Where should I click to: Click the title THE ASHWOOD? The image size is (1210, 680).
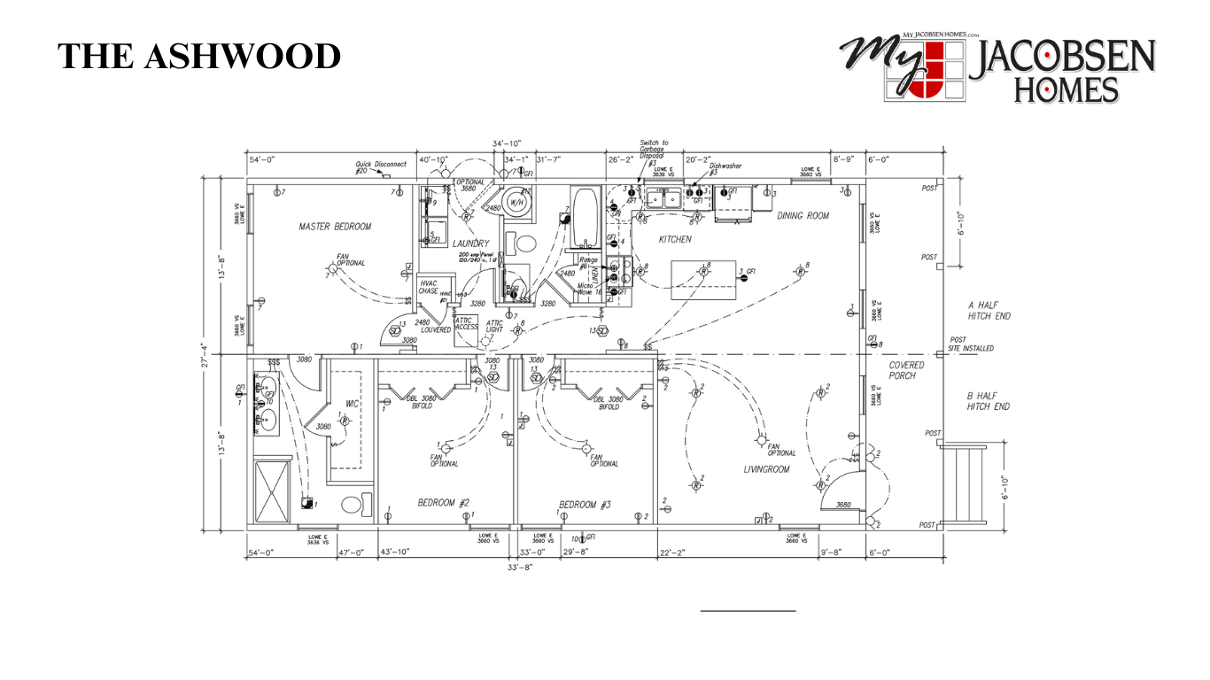pos(199,56)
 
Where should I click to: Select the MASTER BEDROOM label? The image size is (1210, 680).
pos(335,227)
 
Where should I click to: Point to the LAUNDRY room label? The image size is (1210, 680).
pos(470,243)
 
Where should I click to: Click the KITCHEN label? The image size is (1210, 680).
pos(675,239)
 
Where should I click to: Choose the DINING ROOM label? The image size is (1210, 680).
pos(803,215)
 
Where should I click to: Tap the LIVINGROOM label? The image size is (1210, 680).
pos(766,469)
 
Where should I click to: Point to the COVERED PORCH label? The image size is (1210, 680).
pos(907,370)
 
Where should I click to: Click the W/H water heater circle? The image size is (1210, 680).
pos(517,202)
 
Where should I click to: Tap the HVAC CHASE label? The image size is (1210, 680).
pos(429,287)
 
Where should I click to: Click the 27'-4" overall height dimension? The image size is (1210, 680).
pos(203,354)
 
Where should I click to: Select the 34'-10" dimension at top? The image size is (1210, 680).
pos(507,143)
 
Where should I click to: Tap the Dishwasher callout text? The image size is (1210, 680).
pos(725,166)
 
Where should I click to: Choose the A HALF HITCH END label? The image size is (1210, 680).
pos(989,310)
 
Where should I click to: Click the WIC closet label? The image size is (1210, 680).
pos(352,404)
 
